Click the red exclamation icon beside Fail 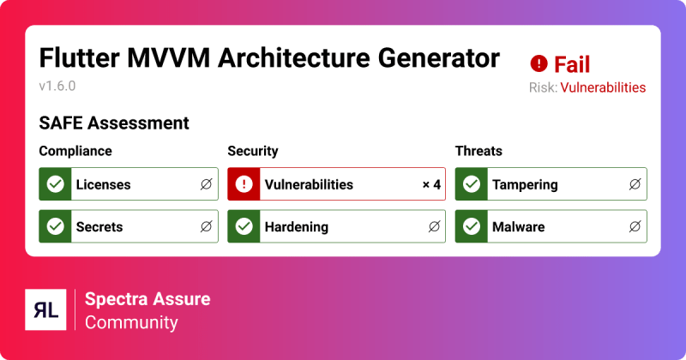(x=539, y=63)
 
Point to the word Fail (x=572, y=64)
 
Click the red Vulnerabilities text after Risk (x=603, y=87)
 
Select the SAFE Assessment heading (x=114, y=123)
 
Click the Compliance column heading (x=75, y=151)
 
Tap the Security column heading (x=252, y=151)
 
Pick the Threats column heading (x=478, y=151)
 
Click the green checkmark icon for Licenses (x=56, y=184)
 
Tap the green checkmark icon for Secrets (x=56, y=227)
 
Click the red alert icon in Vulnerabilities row (x=244, y=184)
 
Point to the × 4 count (x=431, y=184)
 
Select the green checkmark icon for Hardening (x=244, y=227)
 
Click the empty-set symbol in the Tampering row (x=634, y=184)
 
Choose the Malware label (x=518, y=227)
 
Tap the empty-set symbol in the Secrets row (x=206, y=227)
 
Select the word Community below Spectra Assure (x=131, y=322)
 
